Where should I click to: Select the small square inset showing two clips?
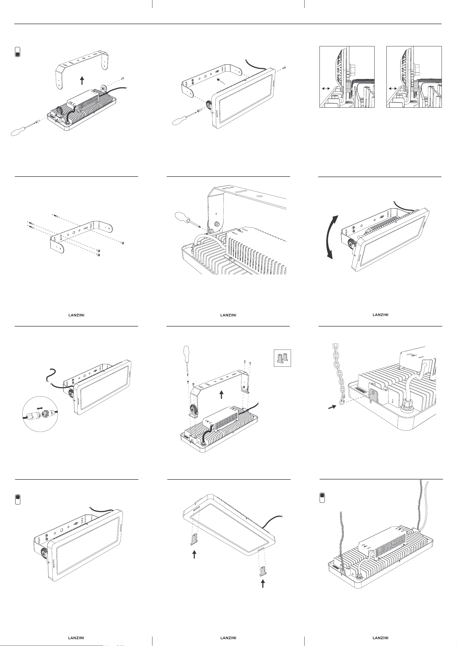[x=282, y=358]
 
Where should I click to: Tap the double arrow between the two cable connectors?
[x=40, y=408]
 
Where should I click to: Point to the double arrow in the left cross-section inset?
[x=326, y=88]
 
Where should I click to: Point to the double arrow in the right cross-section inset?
[x=393, y=88]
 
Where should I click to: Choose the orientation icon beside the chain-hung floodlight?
[x=322, y=498]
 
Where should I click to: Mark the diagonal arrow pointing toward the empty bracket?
[x=222, y=82]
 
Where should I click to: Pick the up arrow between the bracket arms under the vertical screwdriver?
[x=222, y=395]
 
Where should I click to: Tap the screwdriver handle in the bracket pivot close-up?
[x=181, y=217]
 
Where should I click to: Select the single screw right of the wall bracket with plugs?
[x=122, y=243]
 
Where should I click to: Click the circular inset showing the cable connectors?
[x=40, y=414]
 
